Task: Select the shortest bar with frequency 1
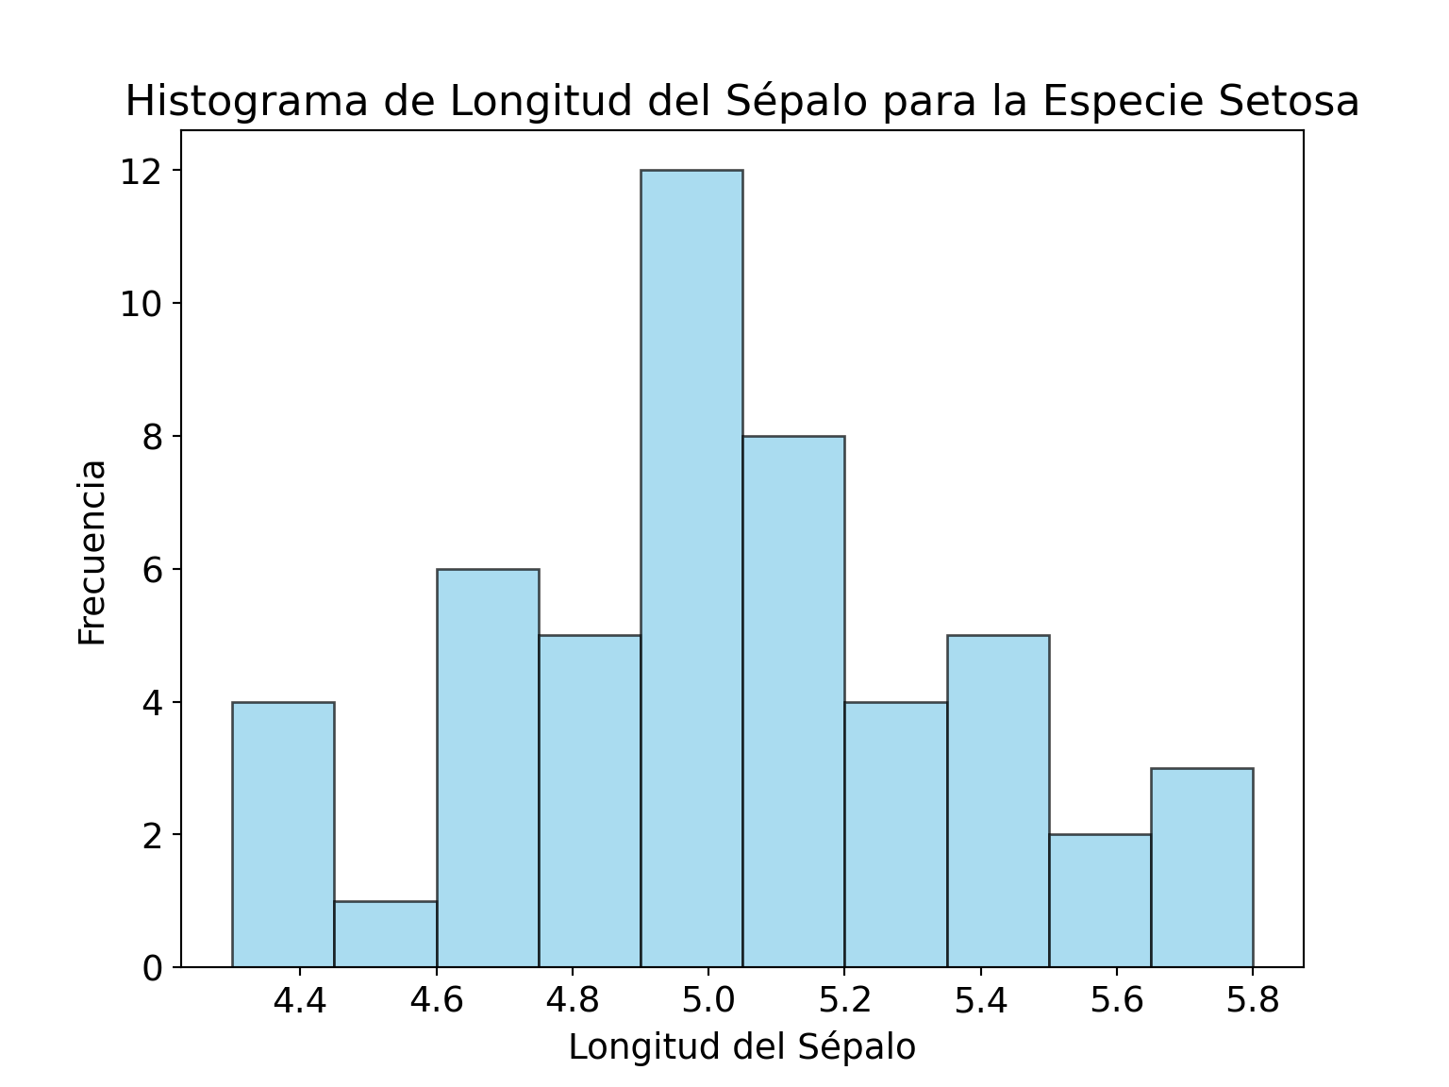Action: click(x=385, y=934)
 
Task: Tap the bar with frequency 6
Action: click(x=488, y=768)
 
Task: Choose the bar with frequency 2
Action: click(x=1100, y=900)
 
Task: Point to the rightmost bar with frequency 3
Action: click(x=1202, y=867)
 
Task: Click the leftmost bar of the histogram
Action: click(x=283, y=834)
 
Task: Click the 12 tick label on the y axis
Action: click(x=141, y=172)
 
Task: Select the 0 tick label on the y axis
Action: click(x=152, y=968)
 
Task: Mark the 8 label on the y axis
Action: click(x=152, y=437)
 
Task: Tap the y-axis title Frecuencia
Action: click(x=92, y=552)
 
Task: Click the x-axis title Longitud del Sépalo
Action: click(x=741, y=1047)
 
